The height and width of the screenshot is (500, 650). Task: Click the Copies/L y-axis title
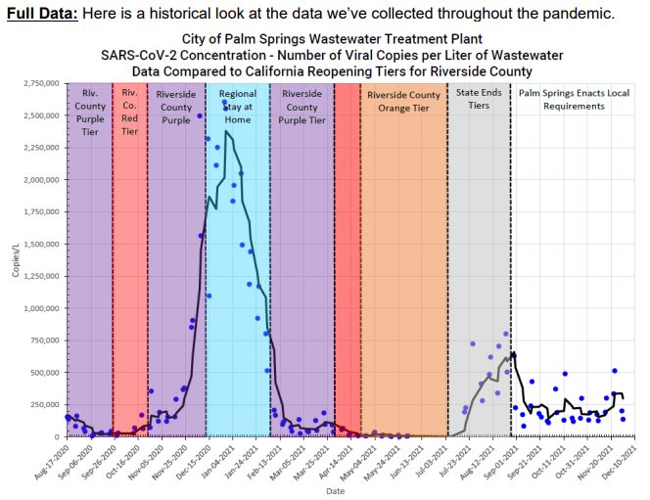pyautogui.click(x=14, y=259)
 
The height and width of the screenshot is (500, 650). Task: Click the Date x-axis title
pyautogui.click(x=336, y=491)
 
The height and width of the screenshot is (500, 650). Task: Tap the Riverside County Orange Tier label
pyautogui.click(x=403, y=101)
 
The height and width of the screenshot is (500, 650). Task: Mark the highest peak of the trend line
pyautogui.click(x=227, y=130)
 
